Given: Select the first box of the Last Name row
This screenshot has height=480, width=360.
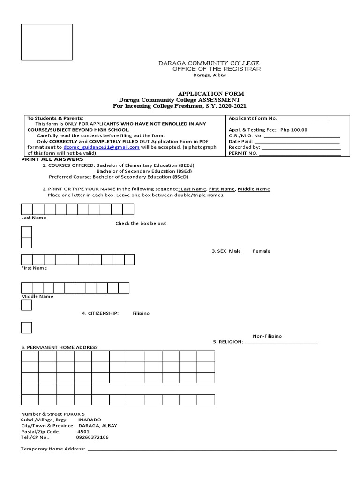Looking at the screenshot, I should (27, 209).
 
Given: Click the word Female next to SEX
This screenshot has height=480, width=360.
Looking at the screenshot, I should (261, 251).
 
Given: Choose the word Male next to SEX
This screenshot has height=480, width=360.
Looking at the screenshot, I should (235, 251).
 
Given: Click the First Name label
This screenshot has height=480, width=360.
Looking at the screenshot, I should (34, 268).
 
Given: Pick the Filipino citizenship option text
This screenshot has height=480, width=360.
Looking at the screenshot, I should (141, 313).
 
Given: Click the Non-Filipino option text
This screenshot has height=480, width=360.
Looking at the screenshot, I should (267, 336).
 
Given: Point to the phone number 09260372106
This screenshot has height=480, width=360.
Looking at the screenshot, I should (92, 437).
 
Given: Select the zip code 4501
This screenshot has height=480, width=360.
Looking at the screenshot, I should (83, 431).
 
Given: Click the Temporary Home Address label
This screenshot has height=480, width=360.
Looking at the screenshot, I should (53, 449).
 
